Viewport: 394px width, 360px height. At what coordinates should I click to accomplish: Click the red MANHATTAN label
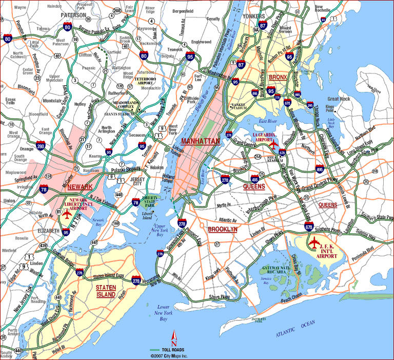[x=201, y=141]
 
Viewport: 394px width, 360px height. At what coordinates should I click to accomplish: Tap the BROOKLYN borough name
[x=223, y=230]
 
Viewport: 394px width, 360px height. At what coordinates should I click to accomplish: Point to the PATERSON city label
[x=74, y=15]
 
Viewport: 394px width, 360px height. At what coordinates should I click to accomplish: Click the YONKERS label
[x=254, y=15]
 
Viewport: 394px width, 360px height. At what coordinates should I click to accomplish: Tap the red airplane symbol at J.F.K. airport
[x=314, y=241]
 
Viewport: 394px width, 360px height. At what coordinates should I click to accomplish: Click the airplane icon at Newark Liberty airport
[x=66, y=214]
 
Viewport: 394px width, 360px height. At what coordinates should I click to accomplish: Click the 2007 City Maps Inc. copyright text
[x=169, y=356]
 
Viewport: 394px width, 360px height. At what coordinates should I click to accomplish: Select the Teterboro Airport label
[x=147, y=81]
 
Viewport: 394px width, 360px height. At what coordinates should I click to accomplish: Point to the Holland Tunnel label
[x=168, y=179]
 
